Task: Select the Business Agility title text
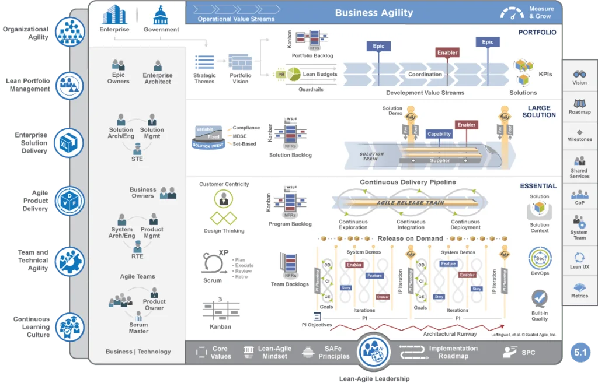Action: tap(374, 13)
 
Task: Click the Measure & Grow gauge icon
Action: tap(512, 13)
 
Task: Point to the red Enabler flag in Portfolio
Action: tap(447, 52)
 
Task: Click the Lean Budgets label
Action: tap(320, 74)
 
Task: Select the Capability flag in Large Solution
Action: tap(439, 134)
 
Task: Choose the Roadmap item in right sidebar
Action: tap(579, 107)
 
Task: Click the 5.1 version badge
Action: tap(580, 353)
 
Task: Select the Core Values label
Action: tap(221, 352)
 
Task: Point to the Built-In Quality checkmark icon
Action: tap(540, 298)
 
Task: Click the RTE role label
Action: tap(137, 256)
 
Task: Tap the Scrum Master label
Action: tap(138, 328)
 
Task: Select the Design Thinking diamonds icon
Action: tap(224, 218)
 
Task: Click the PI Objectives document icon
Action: tap(317, 317)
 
